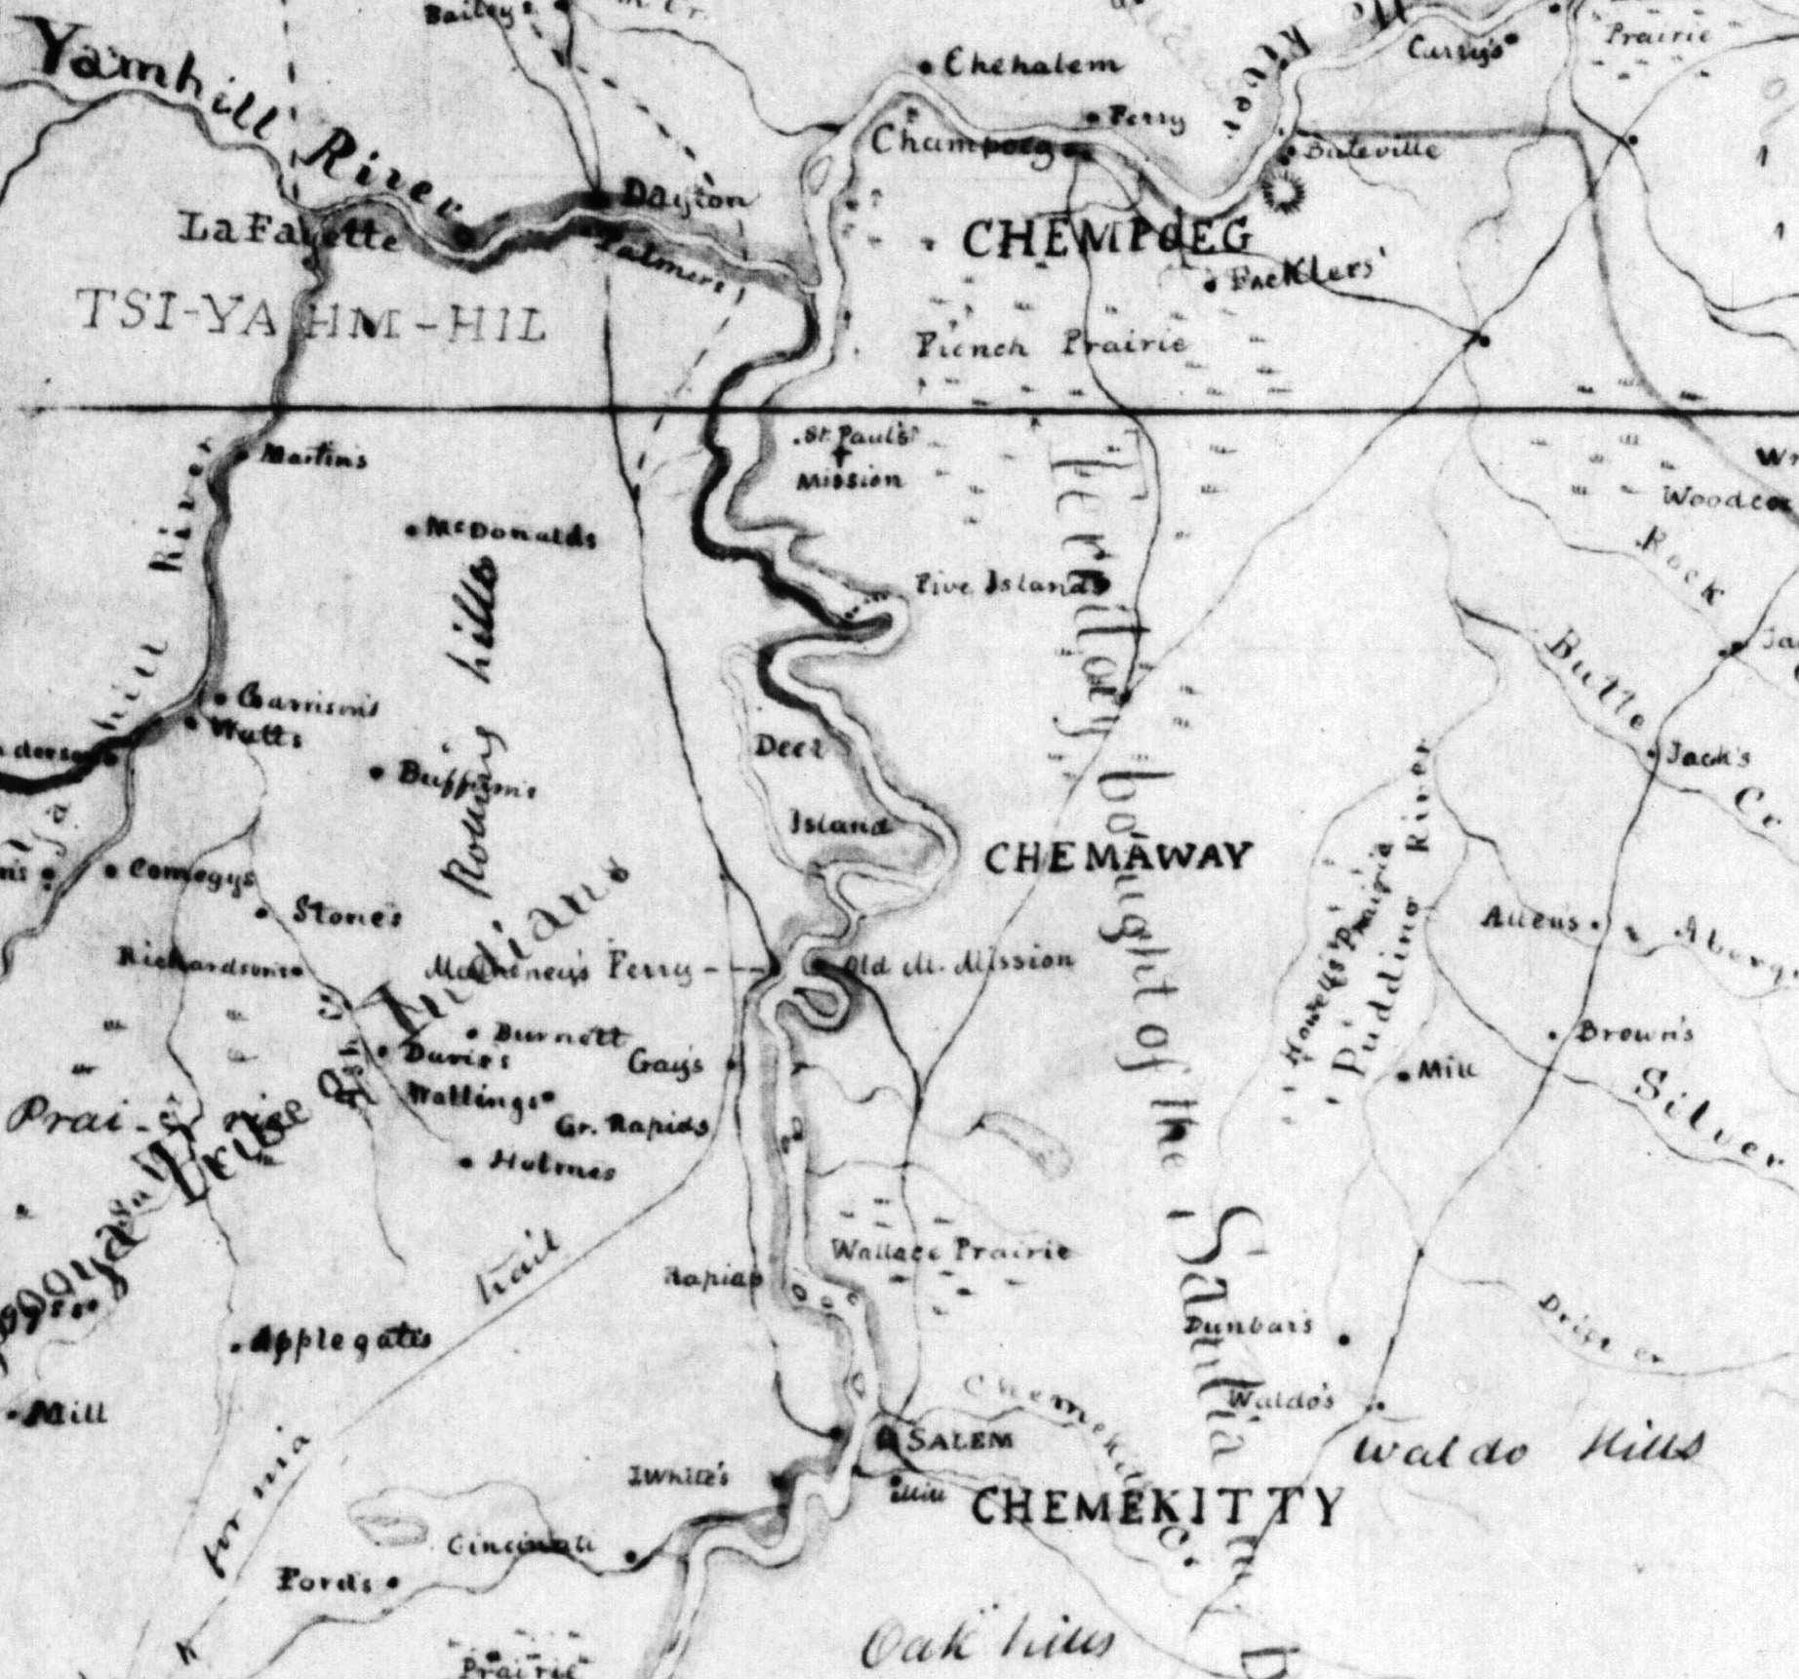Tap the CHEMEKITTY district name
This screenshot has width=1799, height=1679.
click(x=1157, y=1507)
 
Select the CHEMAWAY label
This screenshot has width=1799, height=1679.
click(x=1117, y=858)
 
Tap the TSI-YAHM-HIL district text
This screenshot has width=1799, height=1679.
click(x=307, y=321)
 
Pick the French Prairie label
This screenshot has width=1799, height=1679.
click(x=1052, y=344)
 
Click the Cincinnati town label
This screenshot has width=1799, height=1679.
click(x=520, y=1546)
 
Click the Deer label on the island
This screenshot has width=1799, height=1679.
click(x=790, y=747)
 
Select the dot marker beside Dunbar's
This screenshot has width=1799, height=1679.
click(x=1346, y=1339)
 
